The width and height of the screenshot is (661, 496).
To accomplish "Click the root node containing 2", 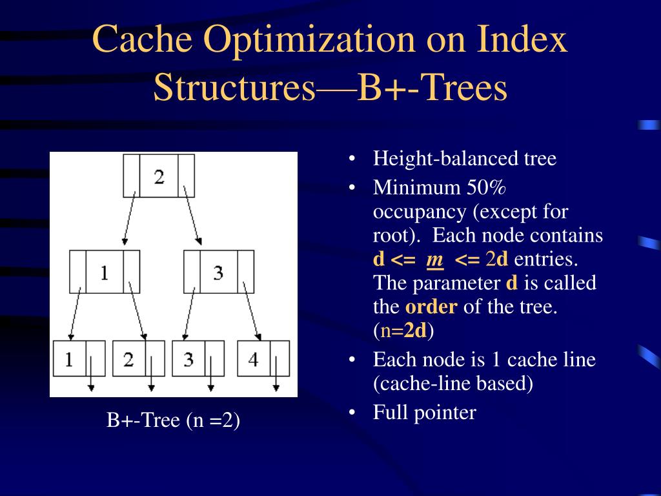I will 159,176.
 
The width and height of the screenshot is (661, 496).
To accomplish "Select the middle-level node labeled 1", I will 105,272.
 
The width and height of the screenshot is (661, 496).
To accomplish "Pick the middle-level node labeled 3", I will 218,272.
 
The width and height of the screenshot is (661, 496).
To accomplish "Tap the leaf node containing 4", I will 263,358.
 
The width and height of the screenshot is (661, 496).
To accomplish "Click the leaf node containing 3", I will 198,358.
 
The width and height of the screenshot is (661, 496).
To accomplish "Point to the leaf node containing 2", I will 138,358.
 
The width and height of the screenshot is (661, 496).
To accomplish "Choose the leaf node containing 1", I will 79,358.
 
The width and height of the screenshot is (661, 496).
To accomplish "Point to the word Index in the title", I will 522,40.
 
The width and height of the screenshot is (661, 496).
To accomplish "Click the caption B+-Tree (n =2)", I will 173,421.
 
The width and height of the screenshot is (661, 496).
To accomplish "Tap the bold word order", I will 431,307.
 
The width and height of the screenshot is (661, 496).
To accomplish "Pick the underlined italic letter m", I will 435,260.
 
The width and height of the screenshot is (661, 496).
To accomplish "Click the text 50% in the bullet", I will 487,188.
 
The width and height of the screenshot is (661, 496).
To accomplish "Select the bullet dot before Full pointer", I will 352,413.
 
